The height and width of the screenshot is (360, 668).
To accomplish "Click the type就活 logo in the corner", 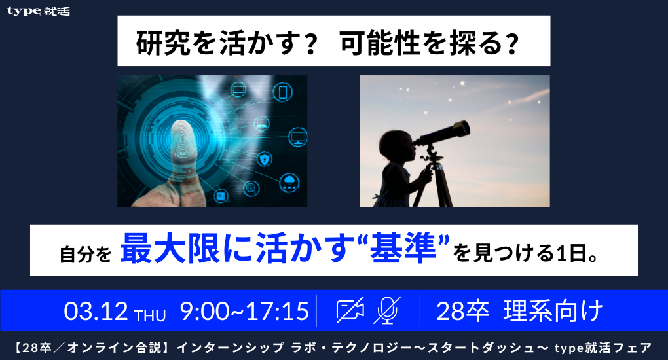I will (38, 12).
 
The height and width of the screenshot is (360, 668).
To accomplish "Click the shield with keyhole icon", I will (263, 160).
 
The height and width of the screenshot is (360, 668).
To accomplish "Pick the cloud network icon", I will (288, 181).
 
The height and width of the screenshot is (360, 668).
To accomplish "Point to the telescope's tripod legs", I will (437, 187).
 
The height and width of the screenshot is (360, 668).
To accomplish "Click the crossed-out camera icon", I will (350, 310).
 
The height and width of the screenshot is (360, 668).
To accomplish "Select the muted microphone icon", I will (386, 310).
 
